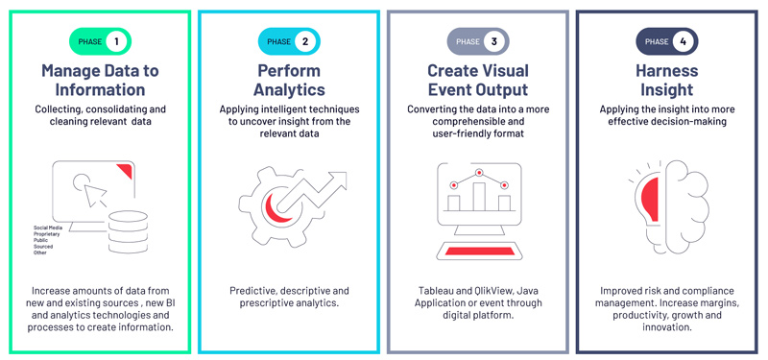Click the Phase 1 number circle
[116, 41]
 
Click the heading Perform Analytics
[288, 80]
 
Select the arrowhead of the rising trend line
[337, 180]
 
